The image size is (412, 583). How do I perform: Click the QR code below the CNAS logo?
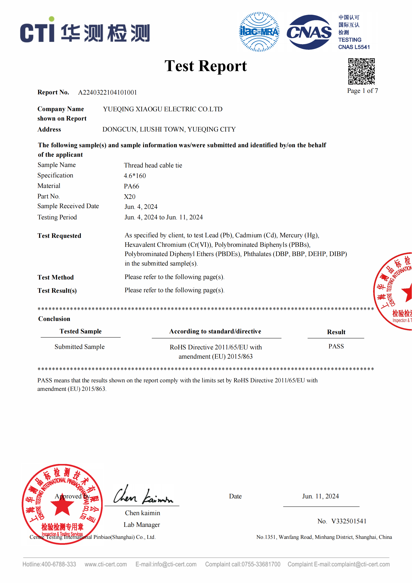click(361, 71)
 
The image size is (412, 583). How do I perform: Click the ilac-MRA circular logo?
click(259, 32)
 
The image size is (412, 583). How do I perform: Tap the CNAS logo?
click(309, 32)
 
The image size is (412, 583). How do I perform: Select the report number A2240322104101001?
click(107, 93)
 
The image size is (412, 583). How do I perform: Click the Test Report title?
click(205, 66)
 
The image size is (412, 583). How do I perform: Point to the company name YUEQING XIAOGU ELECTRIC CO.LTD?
click(163, 109)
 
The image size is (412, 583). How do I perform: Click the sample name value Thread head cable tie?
click(153, 165)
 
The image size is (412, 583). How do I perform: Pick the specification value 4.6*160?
click(135, 176)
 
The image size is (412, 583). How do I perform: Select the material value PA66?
click(131, 186)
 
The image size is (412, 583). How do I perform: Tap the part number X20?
click(130, 197)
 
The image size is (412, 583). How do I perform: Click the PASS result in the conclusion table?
click(336, 346)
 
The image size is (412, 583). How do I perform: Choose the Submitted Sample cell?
click(80, 347)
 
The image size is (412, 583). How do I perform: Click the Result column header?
click(336, 332)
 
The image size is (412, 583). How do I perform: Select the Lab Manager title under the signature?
click(142, 525)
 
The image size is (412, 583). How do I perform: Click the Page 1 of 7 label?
click(362, 91)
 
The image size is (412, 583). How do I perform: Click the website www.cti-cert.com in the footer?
click(105, 564)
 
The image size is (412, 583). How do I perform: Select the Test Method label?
click(56, 278)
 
